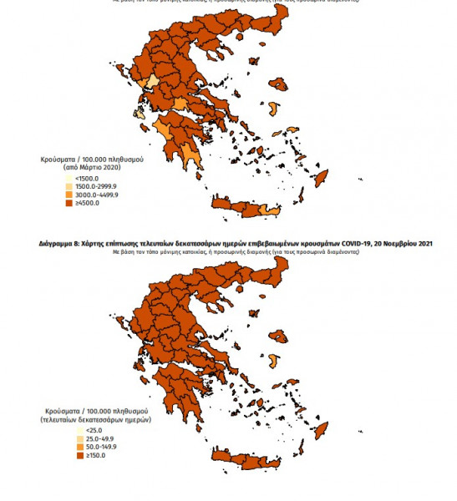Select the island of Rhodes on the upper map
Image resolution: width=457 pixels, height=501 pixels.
355,176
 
